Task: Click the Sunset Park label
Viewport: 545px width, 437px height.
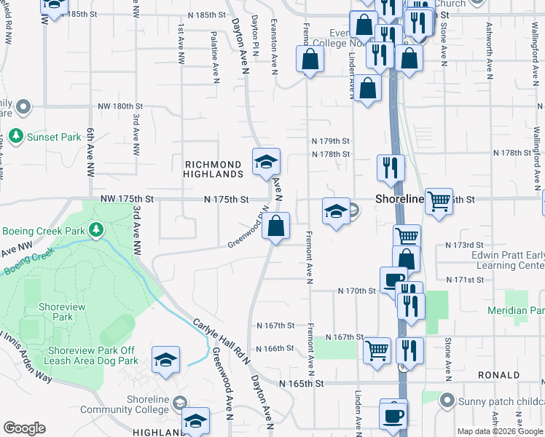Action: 54,136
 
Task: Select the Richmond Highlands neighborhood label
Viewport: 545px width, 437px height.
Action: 213,170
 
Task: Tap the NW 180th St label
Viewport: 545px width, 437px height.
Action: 122,106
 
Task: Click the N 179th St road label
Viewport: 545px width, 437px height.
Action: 330,141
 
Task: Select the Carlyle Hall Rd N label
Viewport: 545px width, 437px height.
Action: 221,341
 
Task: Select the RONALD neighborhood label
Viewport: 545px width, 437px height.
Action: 498,375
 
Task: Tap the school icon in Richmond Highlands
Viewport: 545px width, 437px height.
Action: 266,162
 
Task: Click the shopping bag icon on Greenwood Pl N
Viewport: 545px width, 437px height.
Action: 276,227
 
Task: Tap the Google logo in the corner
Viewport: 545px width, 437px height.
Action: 24,428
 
